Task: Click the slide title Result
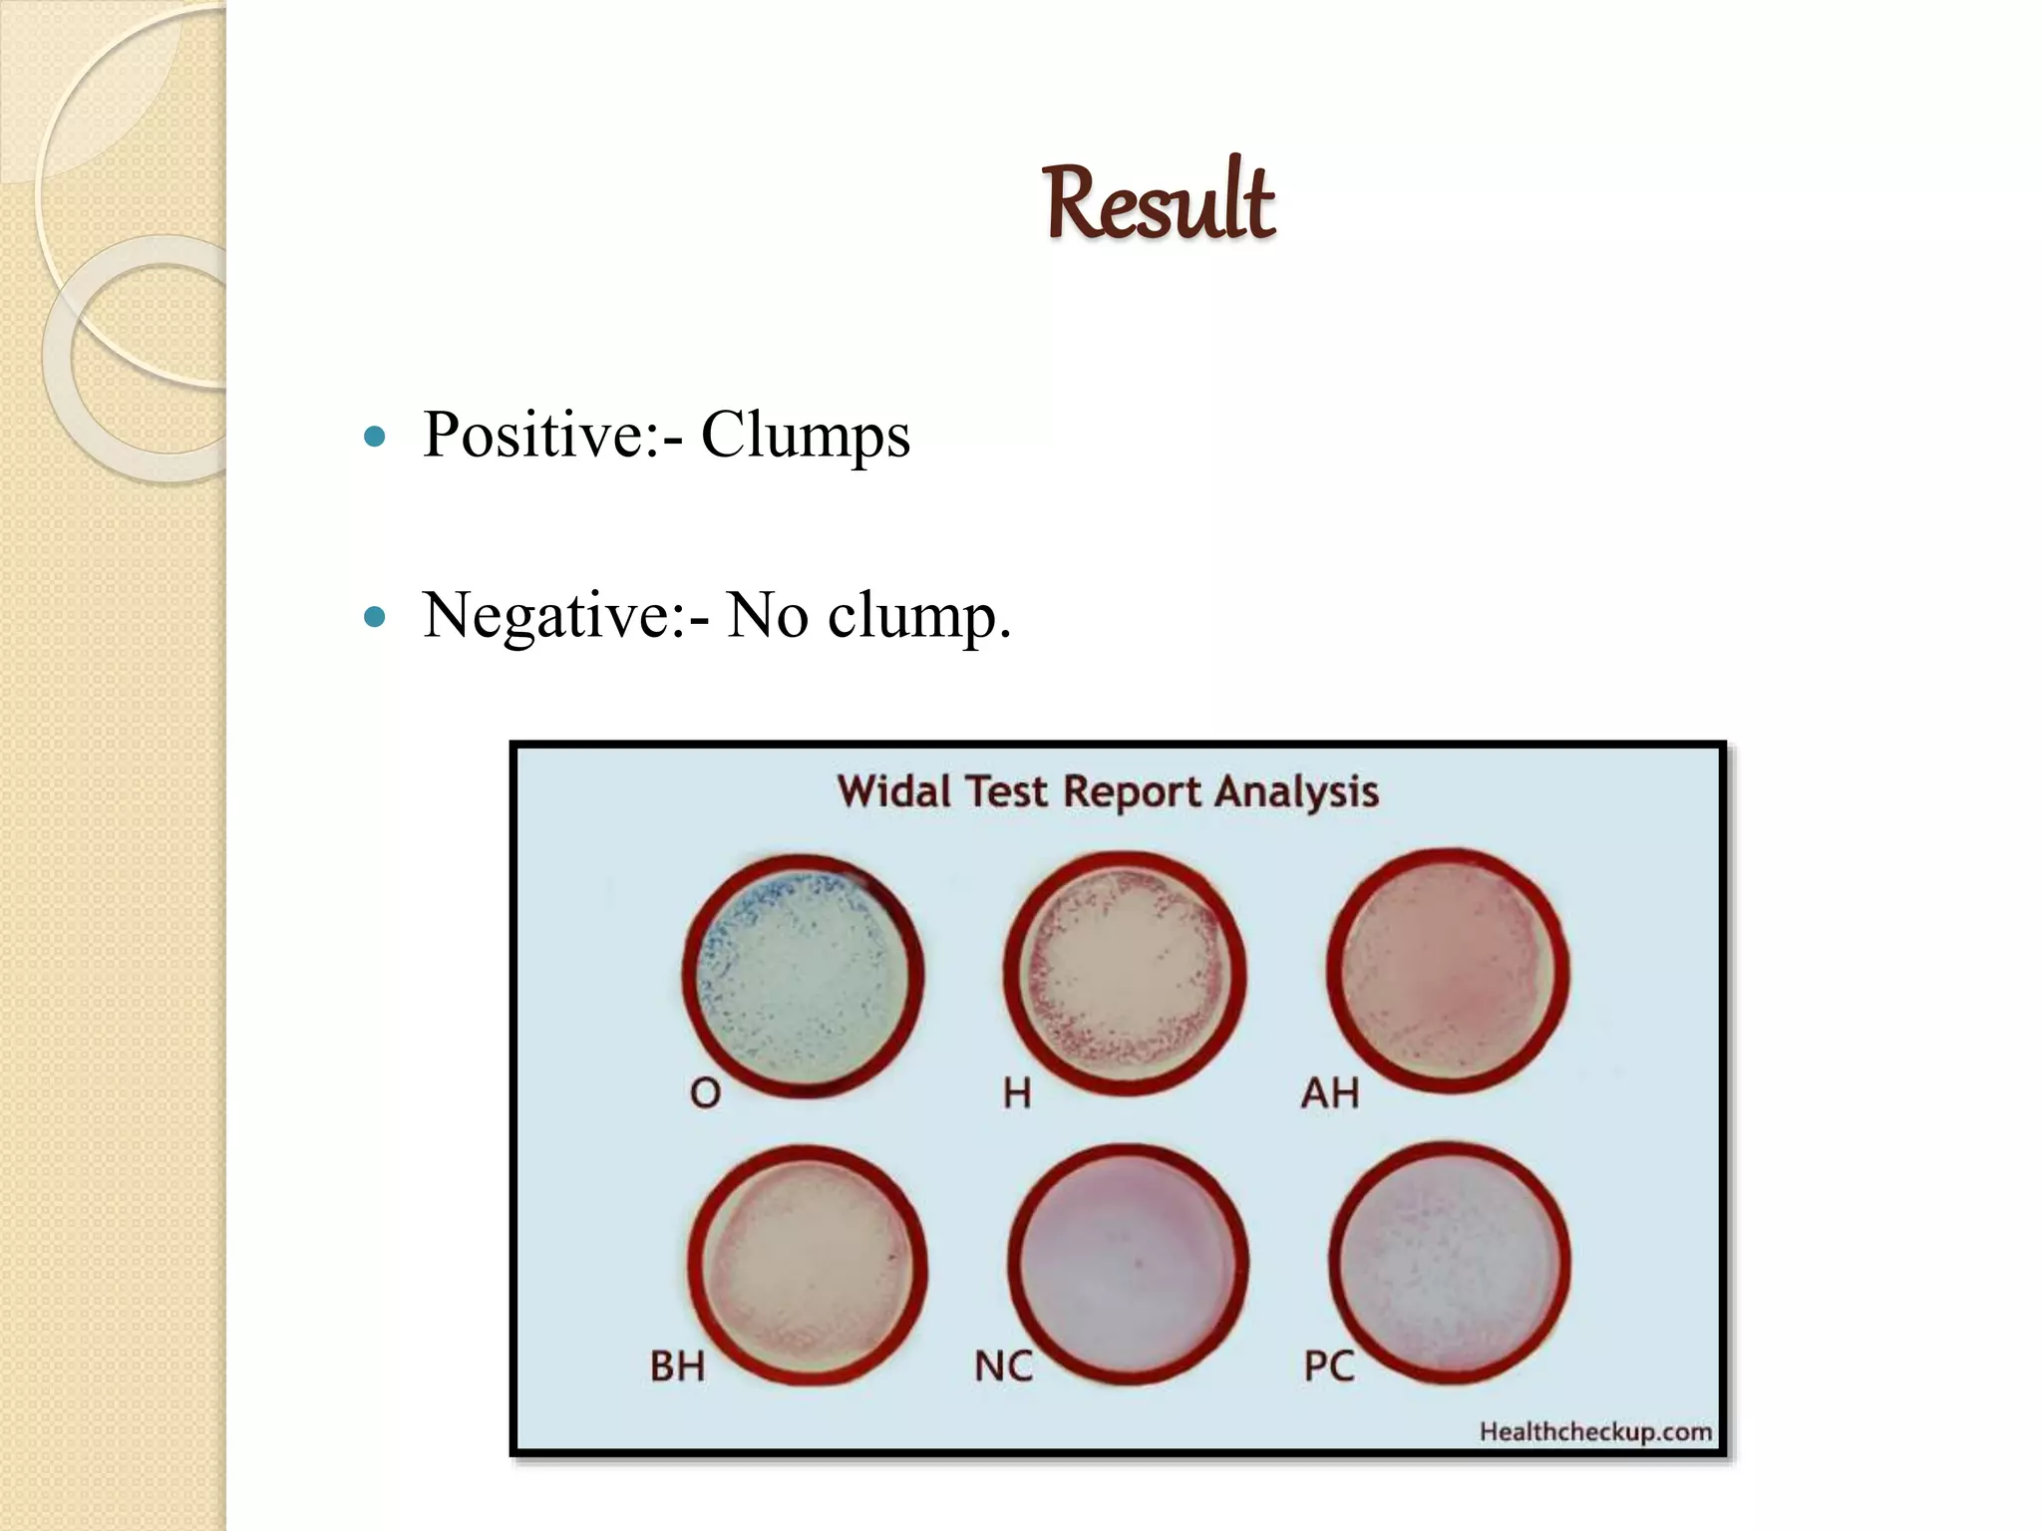tap(1159, 204)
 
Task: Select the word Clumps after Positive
tap(806, 436)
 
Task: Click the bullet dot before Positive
tap(375, 437)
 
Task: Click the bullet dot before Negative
tap(375, 617)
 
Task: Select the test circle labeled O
tap(804, 974)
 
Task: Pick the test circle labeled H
tap(1125, 972)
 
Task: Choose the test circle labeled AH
tap(1448, 970)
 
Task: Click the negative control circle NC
tap(1128, 1262)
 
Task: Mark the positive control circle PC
tap(1451, 1262)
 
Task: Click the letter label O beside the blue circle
tap(705, 1094)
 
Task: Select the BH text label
tap(678, 1367)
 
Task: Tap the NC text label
tap(1003, 1367)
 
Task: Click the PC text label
tap(1329, 1367)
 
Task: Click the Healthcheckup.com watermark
tap(1595, 1432)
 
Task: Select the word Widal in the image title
tap(893, 792)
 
